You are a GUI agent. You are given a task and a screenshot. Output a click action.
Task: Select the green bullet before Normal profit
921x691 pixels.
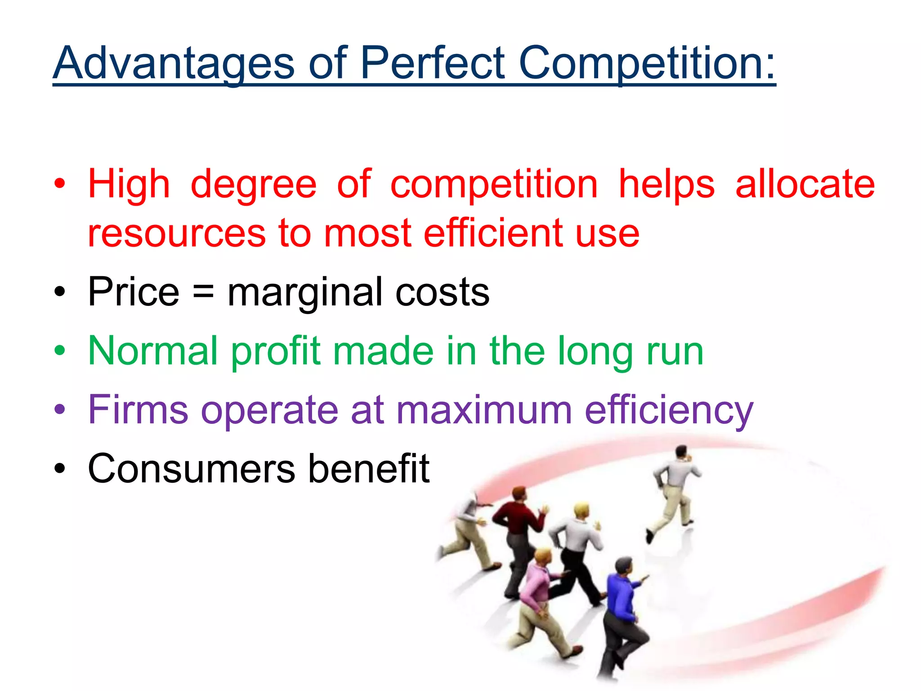pos(59,350)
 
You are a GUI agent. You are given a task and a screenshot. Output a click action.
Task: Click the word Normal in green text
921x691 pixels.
pos(153,351)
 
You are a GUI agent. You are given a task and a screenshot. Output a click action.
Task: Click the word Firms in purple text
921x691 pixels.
pos(138,409)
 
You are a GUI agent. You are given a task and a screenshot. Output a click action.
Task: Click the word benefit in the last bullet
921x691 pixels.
pos(369,468)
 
